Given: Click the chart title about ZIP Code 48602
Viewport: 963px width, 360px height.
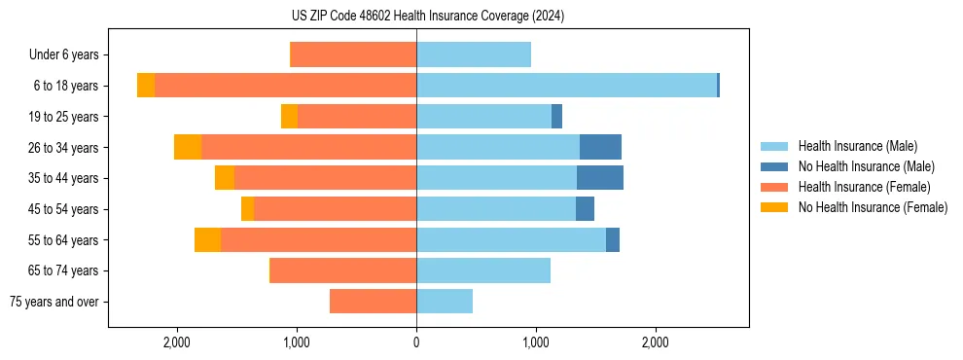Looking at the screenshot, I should pyautogui.click(x=428, y=16).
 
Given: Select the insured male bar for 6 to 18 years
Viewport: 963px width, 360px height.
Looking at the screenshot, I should pyautogui.click(x=566, y=86).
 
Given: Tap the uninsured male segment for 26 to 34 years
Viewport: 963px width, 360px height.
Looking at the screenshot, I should pyautogui.click(x=600, y=147).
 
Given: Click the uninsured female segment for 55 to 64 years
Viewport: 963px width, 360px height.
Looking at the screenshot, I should pyautogui.click(x=207, y=239).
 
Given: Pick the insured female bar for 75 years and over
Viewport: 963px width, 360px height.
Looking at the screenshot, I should pyautogui.click(x=373, y=302).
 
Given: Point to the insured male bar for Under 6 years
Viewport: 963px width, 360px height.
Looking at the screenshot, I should pyautogui.click(x=474, y=54).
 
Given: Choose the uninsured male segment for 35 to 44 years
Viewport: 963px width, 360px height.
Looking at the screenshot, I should pyautogui.click(x=599, y=178).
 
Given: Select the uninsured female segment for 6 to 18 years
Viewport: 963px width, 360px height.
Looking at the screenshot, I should pyautogui.click(x=146, y=86).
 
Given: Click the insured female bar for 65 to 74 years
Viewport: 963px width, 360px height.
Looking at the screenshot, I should pyautogui.click(x=343, y=270).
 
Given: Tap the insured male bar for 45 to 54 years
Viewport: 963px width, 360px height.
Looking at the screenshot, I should pyautogui.click(x=496, y=209).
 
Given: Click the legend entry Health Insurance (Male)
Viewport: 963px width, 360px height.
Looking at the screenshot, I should pyautogui.click(x=857, y=146).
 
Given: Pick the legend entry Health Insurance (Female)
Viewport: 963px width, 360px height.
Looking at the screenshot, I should pyautogui.click(x=864, y=187).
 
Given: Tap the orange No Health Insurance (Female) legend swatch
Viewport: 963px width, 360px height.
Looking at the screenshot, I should pyautogui.click(x=774, y=207).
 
